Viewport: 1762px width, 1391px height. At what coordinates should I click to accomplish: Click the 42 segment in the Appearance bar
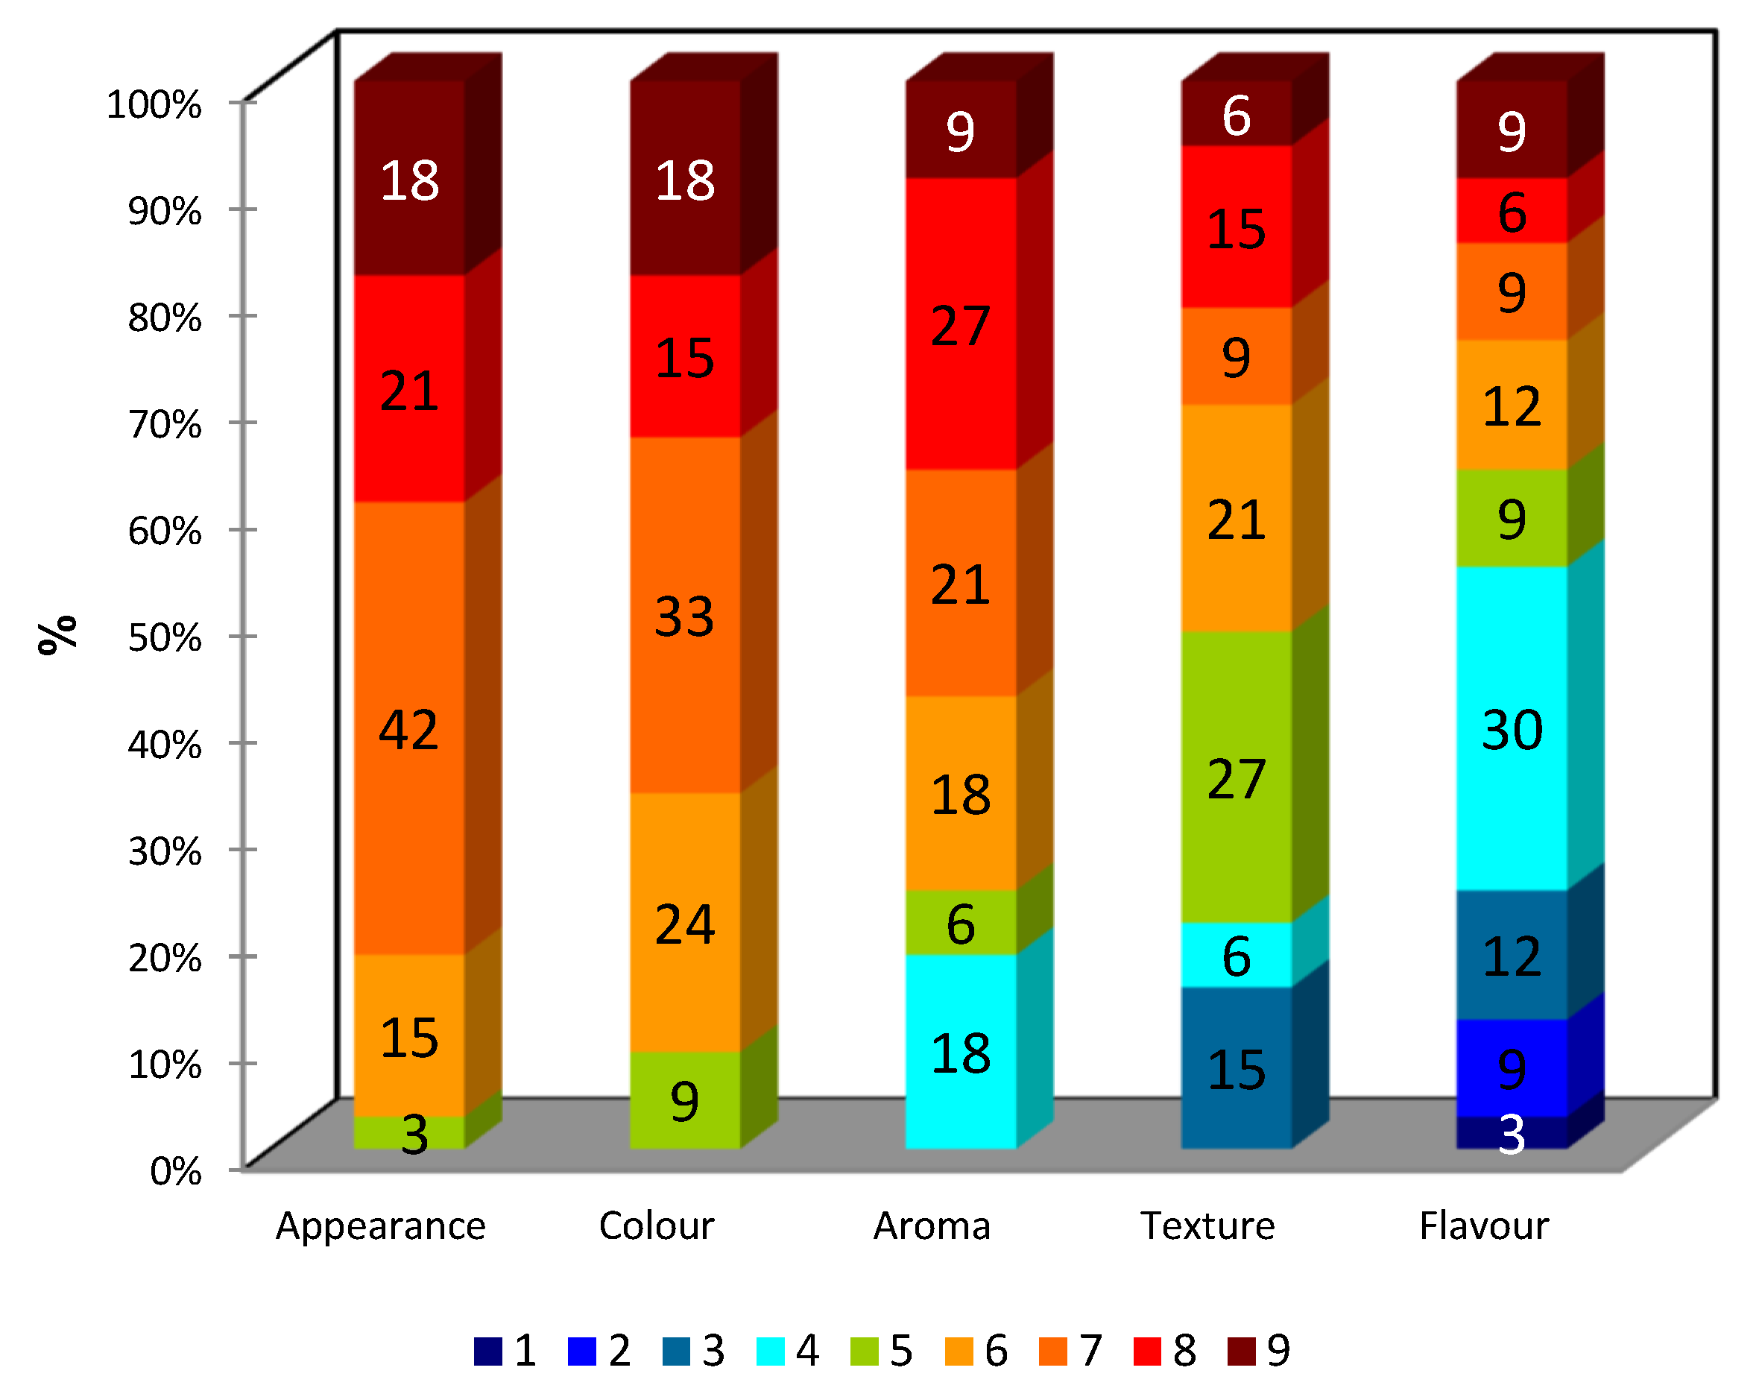click(408, 729)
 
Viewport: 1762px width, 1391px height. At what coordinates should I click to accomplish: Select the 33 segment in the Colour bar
click(685, 616)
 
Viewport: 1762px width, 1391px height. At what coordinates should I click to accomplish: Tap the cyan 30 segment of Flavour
click(1512, 729)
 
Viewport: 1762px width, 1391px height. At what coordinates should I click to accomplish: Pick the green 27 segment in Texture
click(1236, 778)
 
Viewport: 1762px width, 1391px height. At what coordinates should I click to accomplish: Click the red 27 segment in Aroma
click(961, 325)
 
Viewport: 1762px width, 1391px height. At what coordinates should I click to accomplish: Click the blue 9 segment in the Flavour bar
click(1512, 1067)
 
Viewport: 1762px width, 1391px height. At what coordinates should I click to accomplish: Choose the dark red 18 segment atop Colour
click(685, 179)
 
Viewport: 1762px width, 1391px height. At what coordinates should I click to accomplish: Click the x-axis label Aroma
click(932, 1226)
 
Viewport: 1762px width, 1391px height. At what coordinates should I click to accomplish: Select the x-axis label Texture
click(1207, 1226)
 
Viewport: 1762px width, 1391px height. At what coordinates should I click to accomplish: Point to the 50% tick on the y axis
click(165, 637)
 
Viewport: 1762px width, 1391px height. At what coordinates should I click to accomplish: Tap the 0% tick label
click(176, 1172)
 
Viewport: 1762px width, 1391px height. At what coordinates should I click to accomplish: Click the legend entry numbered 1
click(505, 1351)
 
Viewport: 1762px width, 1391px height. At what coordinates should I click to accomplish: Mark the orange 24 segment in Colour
click(685, 924)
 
